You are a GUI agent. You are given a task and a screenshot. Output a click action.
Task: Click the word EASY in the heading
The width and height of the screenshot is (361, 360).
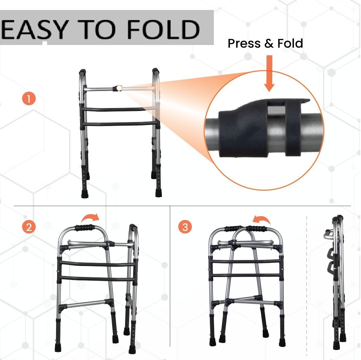click(x=35, y=29)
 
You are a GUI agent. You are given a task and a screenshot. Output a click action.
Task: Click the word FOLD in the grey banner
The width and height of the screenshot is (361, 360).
click(x=163, y=29)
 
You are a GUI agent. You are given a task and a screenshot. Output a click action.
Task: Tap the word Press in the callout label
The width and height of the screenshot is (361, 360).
click(x=244, y=43)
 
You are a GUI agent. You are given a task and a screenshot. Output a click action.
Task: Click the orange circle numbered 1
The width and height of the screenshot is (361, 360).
click(x=29, y=99)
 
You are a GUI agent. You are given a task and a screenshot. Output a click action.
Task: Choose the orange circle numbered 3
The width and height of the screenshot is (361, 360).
click(x=185, y=227)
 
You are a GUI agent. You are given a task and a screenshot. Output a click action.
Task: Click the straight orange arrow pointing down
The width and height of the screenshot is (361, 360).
click(x=269, y=73)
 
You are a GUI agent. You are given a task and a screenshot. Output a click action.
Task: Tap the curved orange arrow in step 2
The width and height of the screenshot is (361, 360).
click(x=90, y=217)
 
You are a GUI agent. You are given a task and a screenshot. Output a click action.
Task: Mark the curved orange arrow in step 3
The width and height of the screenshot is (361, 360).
click(x=261, y=219)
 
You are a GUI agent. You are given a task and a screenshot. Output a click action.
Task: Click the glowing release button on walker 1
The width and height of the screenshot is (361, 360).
click(x=118, y=88)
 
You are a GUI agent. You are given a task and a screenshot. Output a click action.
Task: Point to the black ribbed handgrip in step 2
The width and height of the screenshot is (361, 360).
click(x=84, y=227)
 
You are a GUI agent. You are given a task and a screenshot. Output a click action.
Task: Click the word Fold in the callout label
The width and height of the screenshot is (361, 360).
click(x=290, y=43)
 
